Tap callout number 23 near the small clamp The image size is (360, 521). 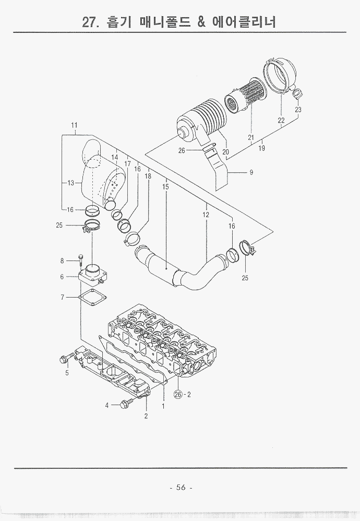[x=298, y=110]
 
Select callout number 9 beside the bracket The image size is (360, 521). [x=251, y=172]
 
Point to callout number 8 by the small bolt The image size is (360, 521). [x=62, y=260]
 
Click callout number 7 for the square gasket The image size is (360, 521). [x=62, y=297]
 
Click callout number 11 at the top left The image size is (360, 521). [x=74, y=125]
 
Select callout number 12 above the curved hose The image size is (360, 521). [x=206, y=215]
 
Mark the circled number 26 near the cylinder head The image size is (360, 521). [x=177, y=395]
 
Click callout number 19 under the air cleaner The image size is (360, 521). [x=261, y=148]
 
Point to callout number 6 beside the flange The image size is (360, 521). [x=62, y=277]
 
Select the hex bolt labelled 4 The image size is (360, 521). [x=125, y=404]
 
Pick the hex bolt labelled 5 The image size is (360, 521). [x=65, y=359]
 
